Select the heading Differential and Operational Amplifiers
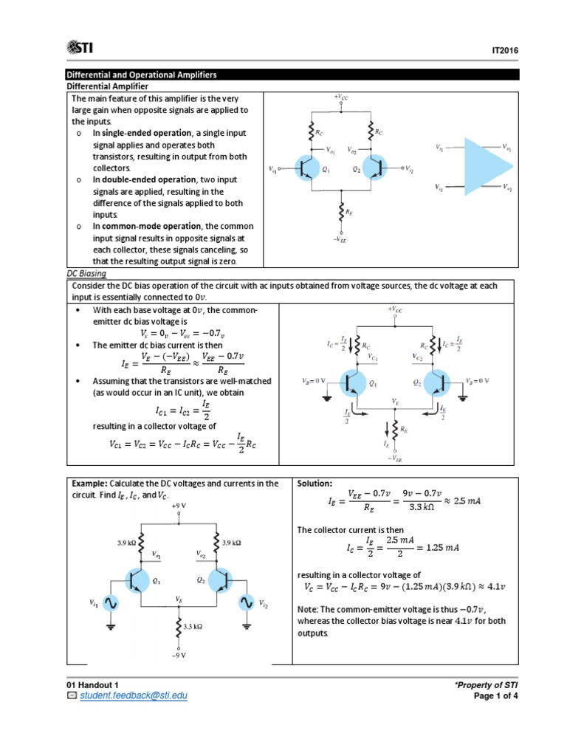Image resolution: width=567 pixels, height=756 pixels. pyautogui.click(x=142, y=75)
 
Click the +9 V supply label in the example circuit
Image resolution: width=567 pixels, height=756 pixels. pyautogui.click(x=178, y=506)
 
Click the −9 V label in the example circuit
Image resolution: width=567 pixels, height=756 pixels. pyautogui.click(x=178, y=655)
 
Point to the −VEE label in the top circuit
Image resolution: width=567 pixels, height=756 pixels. pyautogui.click(x=340, y=239)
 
